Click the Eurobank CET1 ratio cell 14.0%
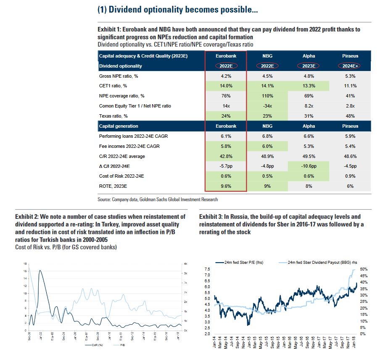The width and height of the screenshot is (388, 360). point(225,86)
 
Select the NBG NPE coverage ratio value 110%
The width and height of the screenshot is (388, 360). point(267,96)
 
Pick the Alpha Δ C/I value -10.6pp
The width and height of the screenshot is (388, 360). point(308,166)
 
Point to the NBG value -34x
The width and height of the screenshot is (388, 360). point(267,106)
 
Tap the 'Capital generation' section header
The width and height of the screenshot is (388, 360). point(119,126)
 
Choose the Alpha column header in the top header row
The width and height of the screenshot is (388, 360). point(308,56)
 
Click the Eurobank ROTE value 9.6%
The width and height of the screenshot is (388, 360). point(225,186)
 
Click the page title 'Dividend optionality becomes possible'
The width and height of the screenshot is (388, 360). point(178,10)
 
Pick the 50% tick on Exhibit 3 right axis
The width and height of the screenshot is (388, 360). point(363,269)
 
